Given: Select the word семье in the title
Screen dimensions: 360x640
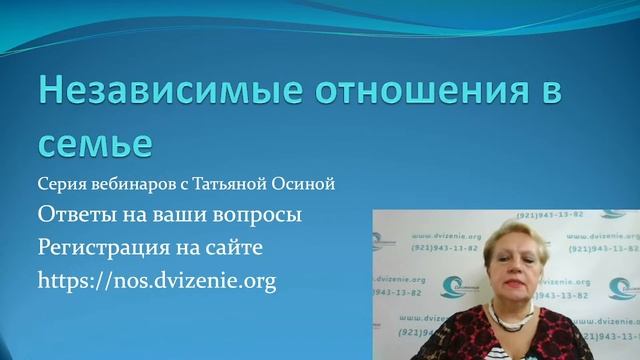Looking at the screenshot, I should [95, 142].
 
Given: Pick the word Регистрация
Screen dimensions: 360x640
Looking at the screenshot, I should [105, 247].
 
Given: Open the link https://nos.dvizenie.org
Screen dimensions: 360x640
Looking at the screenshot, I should [157, 281].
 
